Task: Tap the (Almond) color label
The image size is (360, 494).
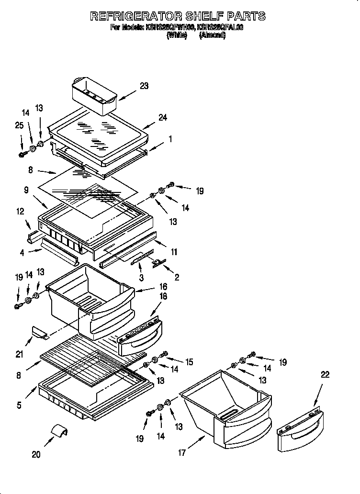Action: pyautogui.click(x=212, y=35)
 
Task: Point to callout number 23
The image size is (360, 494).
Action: pyautogui.click(x=144, y=86)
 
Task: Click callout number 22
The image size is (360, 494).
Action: pyautogui.click(x=325, y=375)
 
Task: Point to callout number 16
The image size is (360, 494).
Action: pyautogui.click(x=163, y=287)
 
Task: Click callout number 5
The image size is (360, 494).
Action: pyautogui.click(x=19, y=405)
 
